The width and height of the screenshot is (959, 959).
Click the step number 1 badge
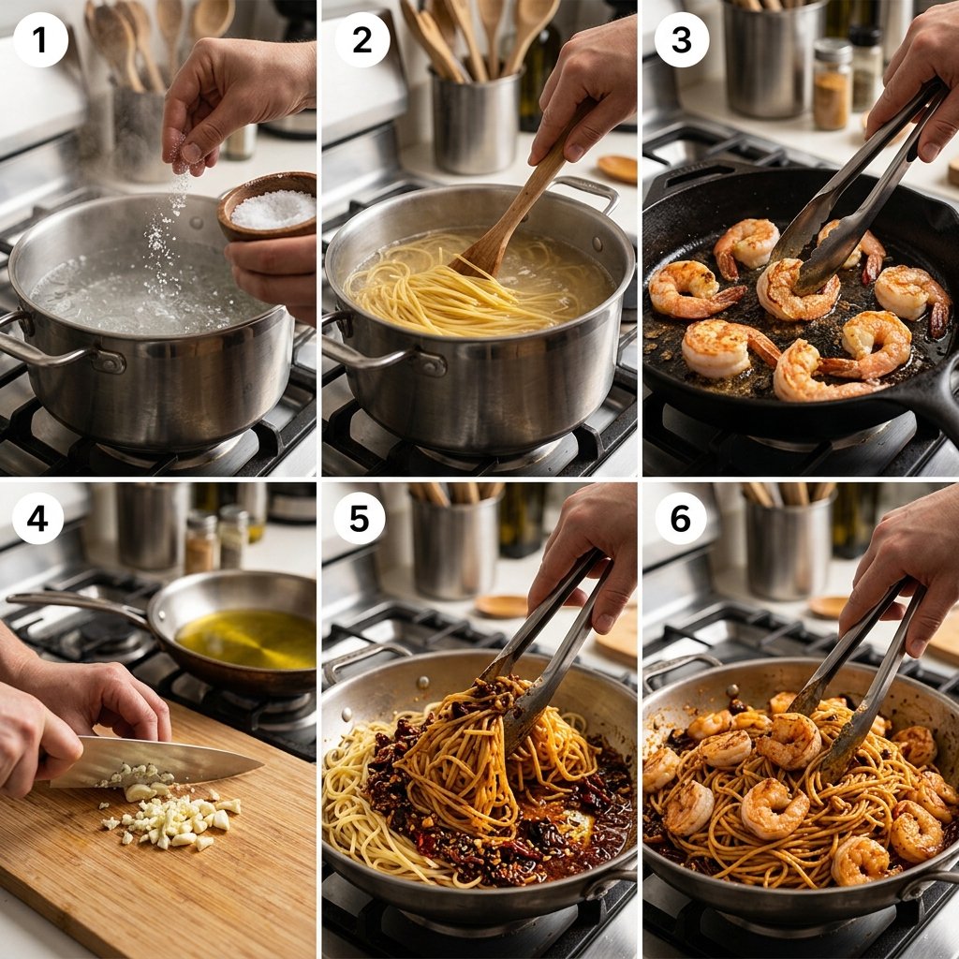tap(39, 39)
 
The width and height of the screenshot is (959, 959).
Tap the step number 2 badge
tap(362, 39)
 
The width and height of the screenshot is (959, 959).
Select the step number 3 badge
tap(682, 39)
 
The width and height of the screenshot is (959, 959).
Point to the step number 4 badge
tap(37, 519)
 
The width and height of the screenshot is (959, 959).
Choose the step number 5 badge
tap(359, 519)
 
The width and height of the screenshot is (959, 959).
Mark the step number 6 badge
tap(681, 519)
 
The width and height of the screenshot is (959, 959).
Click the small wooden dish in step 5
tap(503, 606)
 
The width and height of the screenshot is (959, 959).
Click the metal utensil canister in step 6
tap(789, 547)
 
